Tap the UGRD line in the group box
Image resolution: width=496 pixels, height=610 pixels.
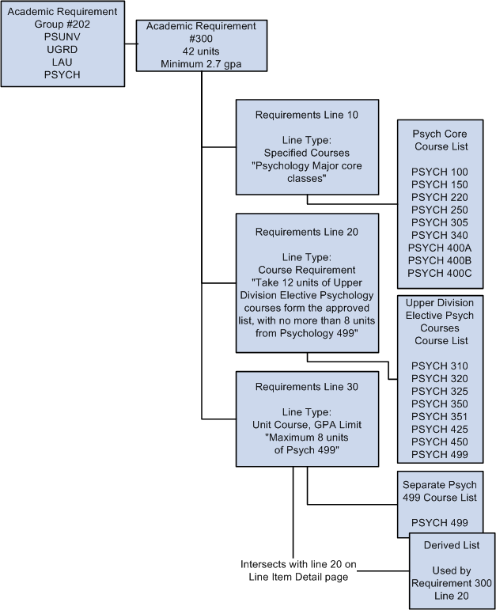(x=62, y=51)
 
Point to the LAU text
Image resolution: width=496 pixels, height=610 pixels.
(x=62, y=63)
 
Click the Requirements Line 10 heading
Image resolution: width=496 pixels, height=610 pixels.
(x=307, y=115)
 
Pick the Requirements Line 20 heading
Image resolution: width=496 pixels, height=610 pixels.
(x=307, y=232)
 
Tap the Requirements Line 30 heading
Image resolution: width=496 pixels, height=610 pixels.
(x=307, y=387)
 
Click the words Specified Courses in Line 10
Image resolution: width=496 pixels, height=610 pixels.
(x=307, y=153)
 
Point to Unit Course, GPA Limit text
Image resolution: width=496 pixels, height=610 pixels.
(x=307, y=425)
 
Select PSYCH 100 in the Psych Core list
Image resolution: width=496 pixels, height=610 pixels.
(x=440, y=172)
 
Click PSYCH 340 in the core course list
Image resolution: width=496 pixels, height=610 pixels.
(x=440, y=235)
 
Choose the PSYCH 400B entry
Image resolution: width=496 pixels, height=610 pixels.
(x=440, y=260)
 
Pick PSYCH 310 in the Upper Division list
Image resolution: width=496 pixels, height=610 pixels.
(x=440, y=366)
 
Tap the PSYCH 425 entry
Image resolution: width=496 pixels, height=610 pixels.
(x=440, y=429)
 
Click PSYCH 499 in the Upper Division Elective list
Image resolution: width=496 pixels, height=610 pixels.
(x=440, y=454)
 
